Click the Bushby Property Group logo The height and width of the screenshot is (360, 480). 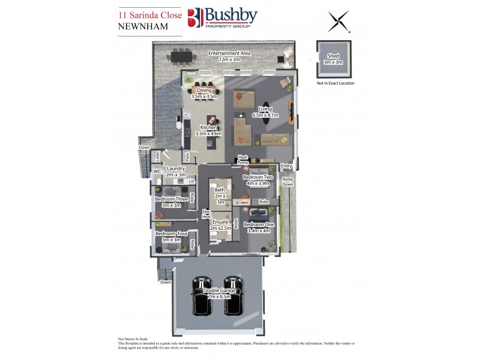(222, 18)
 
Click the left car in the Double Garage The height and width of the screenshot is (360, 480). (200, 296)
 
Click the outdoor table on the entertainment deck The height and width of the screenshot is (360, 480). (182, 57)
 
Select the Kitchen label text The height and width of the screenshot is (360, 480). (209, 127)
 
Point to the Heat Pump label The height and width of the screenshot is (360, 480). (243, 160)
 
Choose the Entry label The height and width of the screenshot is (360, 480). (286, 166)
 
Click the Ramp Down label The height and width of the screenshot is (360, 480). (288, 182)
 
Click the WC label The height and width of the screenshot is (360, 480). (157, 172)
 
